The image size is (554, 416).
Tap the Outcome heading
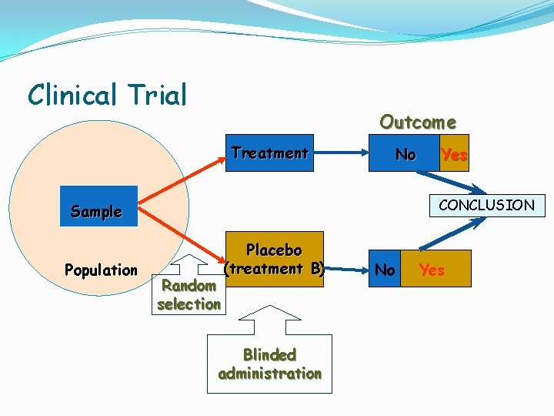418,122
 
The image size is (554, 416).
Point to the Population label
101,270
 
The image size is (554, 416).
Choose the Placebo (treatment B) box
274,259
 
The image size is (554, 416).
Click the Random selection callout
189,295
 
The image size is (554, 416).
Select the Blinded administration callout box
270,364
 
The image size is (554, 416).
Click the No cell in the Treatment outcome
405,154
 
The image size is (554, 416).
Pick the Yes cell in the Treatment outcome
454,154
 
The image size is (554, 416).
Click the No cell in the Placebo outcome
385,270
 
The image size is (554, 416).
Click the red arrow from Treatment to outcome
346,153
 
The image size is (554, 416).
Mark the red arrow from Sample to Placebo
185,235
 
